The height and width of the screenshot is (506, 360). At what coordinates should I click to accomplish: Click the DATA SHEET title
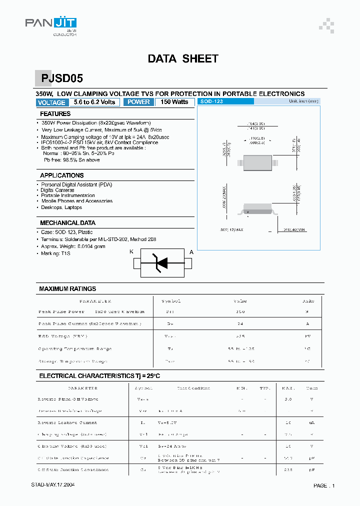[183, 58]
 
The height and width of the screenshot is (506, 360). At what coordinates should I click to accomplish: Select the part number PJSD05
[62, 78]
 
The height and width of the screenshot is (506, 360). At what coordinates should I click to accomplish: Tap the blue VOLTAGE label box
[51, 102]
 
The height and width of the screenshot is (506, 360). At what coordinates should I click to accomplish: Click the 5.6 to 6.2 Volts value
[94, 102]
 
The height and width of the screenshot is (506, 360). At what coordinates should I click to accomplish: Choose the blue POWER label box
[138, 102]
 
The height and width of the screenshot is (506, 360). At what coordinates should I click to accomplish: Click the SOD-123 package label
[212, 101]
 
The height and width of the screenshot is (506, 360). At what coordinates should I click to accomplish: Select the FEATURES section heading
[55, 114]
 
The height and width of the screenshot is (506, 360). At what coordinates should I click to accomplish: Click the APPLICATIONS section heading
[61, 175]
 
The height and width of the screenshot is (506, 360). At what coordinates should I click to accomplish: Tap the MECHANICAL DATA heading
[67, 223]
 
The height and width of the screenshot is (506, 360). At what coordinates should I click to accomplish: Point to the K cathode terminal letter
[131, 252]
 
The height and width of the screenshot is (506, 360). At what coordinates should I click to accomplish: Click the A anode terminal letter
[191, 252]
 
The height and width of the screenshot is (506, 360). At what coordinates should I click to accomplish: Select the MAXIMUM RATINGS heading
[67, 289]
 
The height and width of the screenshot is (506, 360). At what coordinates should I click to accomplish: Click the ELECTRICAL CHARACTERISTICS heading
[99, 376]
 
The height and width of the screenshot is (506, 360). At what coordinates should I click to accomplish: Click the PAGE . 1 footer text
[324, 485]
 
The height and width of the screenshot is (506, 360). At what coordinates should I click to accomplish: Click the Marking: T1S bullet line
[55, 253]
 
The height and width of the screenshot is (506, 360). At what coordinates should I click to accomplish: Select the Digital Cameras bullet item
[57, 190]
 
